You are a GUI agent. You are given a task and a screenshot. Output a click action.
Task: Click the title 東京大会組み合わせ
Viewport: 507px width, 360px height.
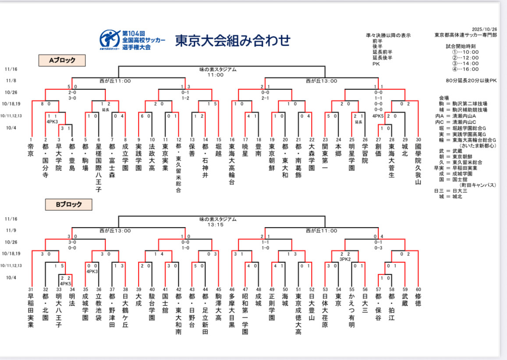[233, 40]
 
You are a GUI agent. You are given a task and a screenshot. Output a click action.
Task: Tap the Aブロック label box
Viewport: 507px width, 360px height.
[61, 60]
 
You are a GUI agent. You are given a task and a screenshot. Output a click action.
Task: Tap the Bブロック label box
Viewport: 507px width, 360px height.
[69, 204]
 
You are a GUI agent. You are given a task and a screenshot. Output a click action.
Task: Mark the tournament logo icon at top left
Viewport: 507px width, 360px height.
[109, 39]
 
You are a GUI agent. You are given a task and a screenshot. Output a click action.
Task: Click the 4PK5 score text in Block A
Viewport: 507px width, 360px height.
[378, 116]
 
